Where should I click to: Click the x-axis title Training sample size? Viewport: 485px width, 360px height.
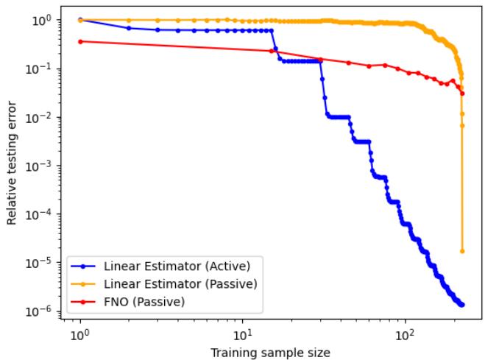(x=269, y=352)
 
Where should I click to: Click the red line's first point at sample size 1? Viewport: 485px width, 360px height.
(x=79, y=41)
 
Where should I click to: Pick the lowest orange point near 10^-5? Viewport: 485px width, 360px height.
(x=462, y=251)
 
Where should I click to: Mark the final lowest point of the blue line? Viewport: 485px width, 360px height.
(x=462, y=304)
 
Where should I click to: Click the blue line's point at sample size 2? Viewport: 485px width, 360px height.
(x=129, y=28)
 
